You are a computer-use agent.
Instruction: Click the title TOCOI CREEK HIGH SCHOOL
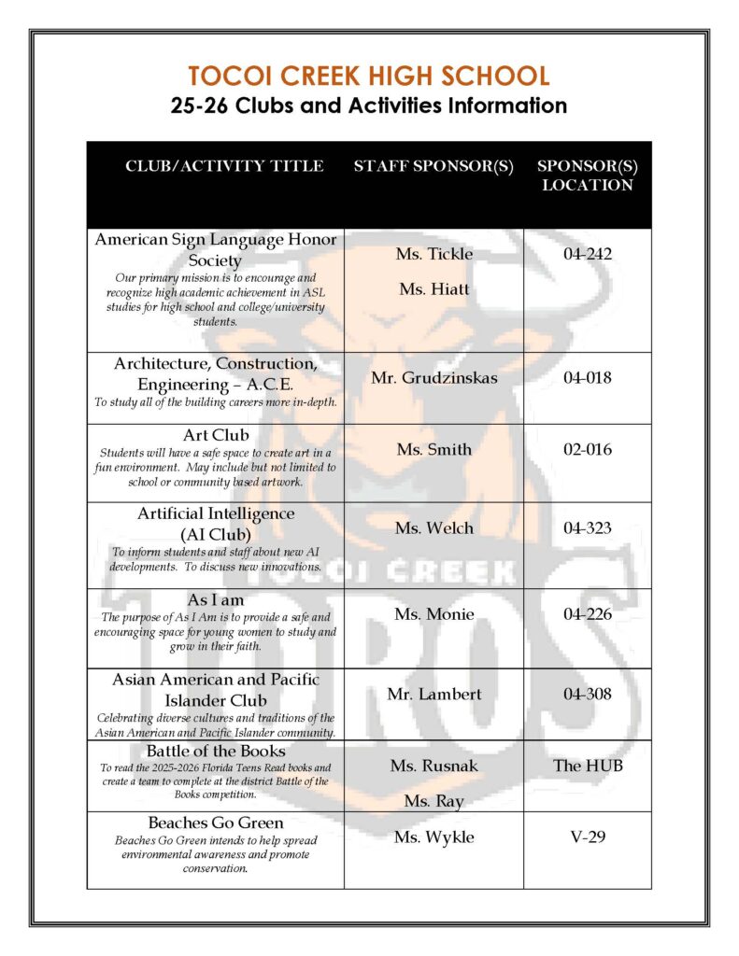tap(369, 76)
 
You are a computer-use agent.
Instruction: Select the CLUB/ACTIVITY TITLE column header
tap(224, 166)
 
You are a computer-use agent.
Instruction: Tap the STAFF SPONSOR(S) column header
tap(433, 166)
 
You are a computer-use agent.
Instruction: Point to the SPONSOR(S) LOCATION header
tap(587, 176)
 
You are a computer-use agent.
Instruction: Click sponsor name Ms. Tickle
tap(433, 254)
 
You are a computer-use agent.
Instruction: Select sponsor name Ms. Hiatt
tap(433, 289)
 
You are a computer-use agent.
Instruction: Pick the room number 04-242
tap(588, 254)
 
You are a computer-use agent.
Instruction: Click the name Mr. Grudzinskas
tap(433, 378)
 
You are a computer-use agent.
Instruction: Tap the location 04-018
tap(588, 378)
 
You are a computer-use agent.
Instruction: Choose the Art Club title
tap(216, 435)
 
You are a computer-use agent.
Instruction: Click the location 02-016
tap(588, 449)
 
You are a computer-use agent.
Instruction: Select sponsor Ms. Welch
tap(433, 528)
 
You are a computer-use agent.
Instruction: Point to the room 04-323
tap(588, 528)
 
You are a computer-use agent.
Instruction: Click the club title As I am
tap(216, 599)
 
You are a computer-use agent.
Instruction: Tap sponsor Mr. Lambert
tap(433, 695)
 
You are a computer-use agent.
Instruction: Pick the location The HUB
tap(588, 766)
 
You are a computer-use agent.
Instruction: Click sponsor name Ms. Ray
tap(433, 801)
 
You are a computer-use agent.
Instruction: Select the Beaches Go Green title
tap(216, 822)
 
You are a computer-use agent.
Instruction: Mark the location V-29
tap(588, 836)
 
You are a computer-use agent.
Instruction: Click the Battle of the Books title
tap(216, 751)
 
